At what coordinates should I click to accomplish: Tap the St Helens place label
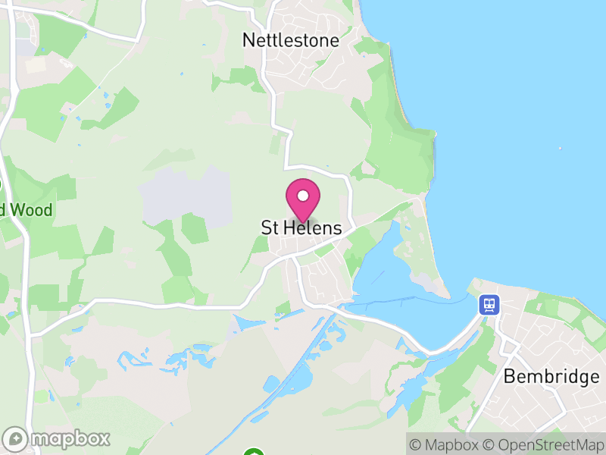pos(301,228)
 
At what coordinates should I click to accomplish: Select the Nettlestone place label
pos(291,41)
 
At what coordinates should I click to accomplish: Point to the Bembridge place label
pos(551,376)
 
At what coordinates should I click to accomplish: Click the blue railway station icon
pos(489,306)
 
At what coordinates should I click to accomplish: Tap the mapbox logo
pos(58,438)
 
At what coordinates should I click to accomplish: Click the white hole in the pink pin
pos(302,196)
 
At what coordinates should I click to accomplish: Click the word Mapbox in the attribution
pos(452,444)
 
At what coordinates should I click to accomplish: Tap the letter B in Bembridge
pos(510,376)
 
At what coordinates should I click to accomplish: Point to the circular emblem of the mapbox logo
pos(15,438)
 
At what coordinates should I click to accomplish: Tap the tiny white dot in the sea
pos(560,148)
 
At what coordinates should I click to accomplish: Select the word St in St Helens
pos(269,228)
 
